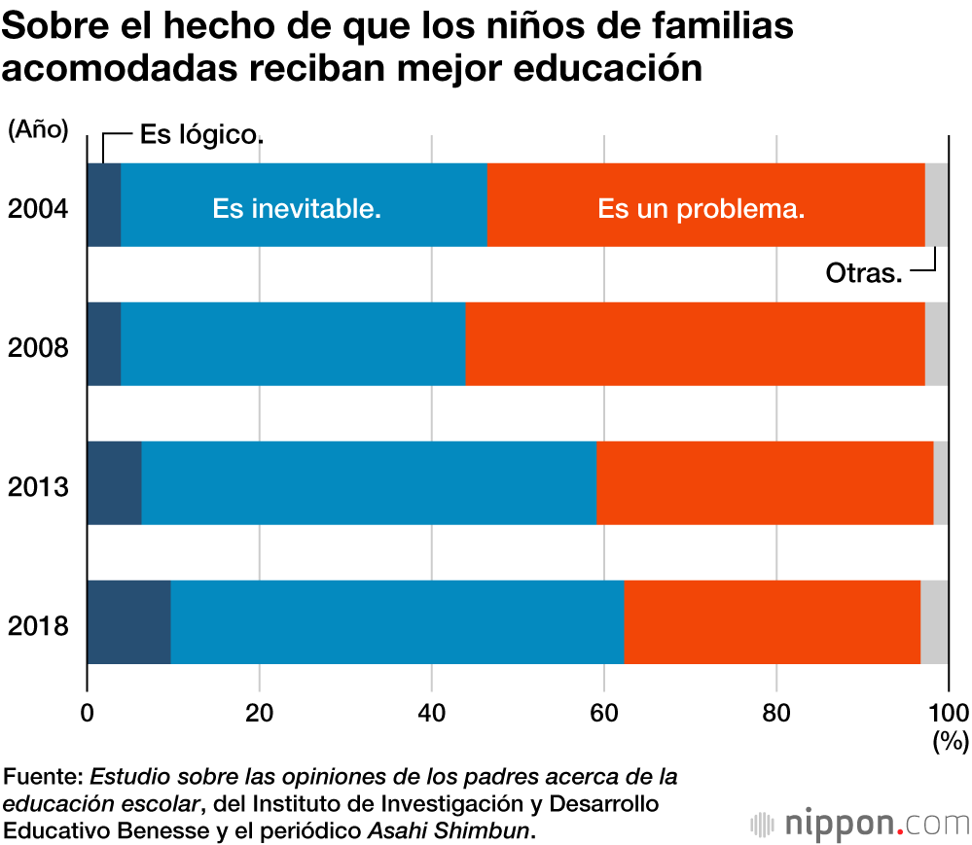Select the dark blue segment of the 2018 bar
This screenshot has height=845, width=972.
(128, 622)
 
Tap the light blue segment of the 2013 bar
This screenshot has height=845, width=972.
(369, 483)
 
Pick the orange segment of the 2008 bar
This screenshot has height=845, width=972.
(695, 344)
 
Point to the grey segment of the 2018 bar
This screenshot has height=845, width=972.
(934, 622)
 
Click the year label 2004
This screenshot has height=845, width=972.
(38, 208)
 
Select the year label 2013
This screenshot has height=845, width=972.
(38, 486)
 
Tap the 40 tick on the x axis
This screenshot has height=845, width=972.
(432, 710)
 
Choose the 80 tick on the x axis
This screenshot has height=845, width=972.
(776, 710)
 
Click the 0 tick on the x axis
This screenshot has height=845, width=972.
(88, 710)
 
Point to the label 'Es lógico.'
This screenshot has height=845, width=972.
(201, 135)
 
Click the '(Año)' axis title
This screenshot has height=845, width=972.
(38, 130)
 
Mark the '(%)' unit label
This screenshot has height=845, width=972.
(950, 743)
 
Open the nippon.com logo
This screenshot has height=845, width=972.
(860, 824)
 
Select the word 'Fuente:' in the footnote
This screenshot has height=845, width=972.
(44, 778)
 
